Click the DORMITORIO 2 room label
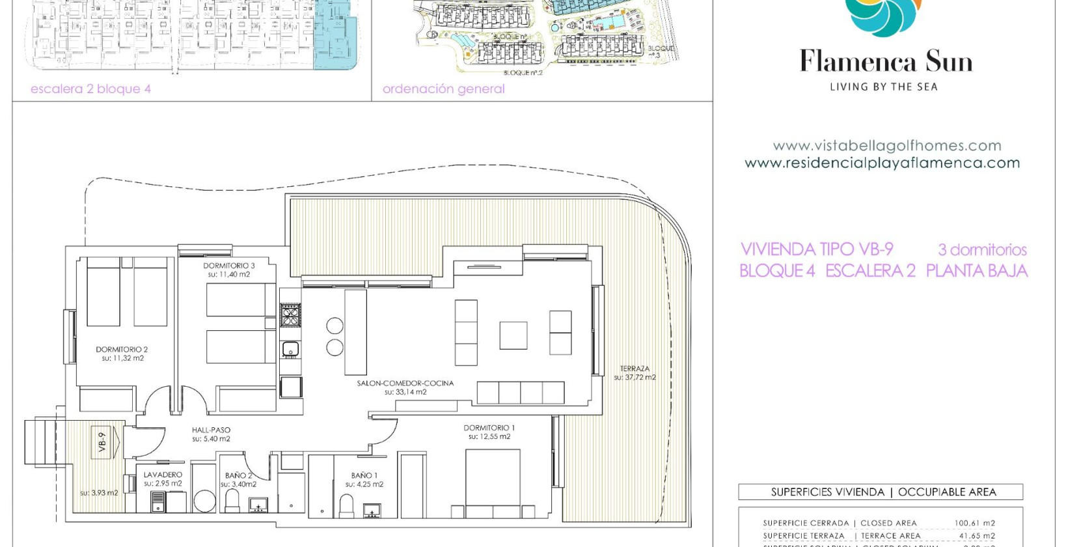tap(122, 350)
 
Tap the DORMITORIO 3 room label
tap(229, 266)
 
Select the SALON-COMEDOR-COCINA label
tap(405, 383)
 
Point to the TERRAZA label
tap(635, 369)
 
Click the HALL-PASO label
tap(211, 430)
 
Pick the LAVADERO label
tap(163, 475)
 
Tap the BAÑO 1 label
tap(364, 475)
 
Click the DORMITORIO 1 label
tap(489, 428)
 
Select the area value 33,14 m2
tap(405, 392)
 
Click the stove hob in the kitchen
tap(290, 315)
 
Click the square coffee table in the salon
tap(513, 335)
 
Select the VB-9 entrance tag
tap(102, 442)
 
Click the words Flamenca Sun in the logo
tap(886, 62)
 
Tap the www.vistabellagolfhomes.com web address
tap(886, 146)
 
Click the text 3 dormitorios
tap(982, 249)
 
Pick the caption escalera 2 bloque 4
tap(90, 89)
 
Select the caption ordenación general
tap(443, 89)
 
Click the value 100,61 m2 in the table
tap(974, 523)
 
